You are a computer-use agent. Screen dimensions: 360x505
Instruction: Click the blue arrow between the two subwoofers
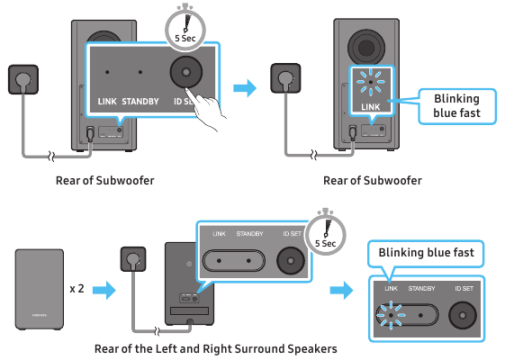(x=245, y=88)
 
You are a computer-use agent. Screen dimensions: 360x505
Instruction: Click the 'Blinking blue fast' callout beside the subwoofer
(x=456, y=106)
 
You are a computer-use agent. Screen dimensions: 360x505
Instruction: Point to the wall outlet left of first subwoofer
(x=23, y=79)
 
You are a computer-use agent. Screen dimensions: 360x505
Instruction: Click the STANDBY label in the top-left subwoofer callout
(x=141, y=100)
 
